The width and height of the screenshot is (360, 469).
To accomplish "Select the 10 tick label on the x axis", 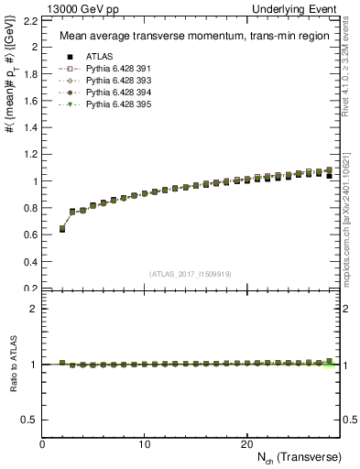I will click(145, 444).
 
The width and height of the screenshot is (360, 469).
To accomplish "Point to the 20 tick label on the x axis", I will click(246, 444).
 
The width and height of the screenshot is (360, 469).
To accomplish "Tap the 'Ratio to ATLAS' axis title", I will click(13, 365).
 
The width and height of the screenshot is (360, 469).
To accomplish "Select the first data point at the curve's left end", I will click(62, 229).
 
